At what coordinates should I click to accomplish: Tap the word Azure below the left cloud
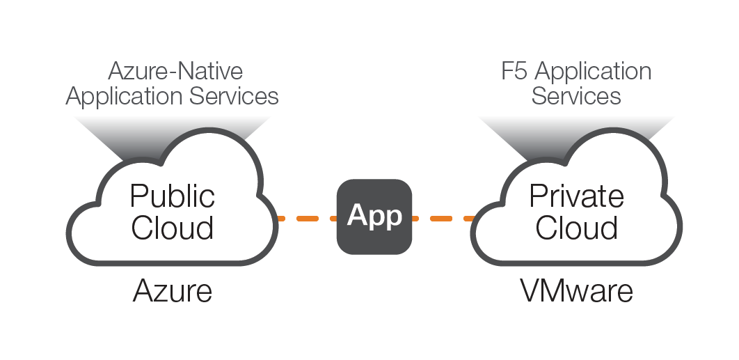point(172,290)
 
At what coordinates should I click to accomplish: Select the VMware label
point(577,290)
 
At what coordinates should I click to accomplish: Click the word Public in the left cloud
point(172,196)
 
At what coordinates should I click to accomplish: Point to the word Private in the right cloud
point(577,196)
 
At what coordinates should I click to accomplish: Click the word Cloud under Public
point(172,228)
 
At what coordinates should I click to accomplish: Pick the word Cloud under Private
point(577,228)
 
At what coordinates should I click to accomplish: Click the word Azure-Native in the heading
point(175,71)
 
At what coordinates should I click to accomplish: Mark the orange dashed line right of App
point(443,219)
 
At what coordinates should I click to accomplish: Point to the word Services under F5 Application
point(576,95)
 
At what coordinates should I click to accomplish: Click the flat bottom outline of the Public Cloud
point(172,263)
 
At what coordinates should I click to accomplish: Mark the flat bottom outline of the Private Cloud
point(577,263)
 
